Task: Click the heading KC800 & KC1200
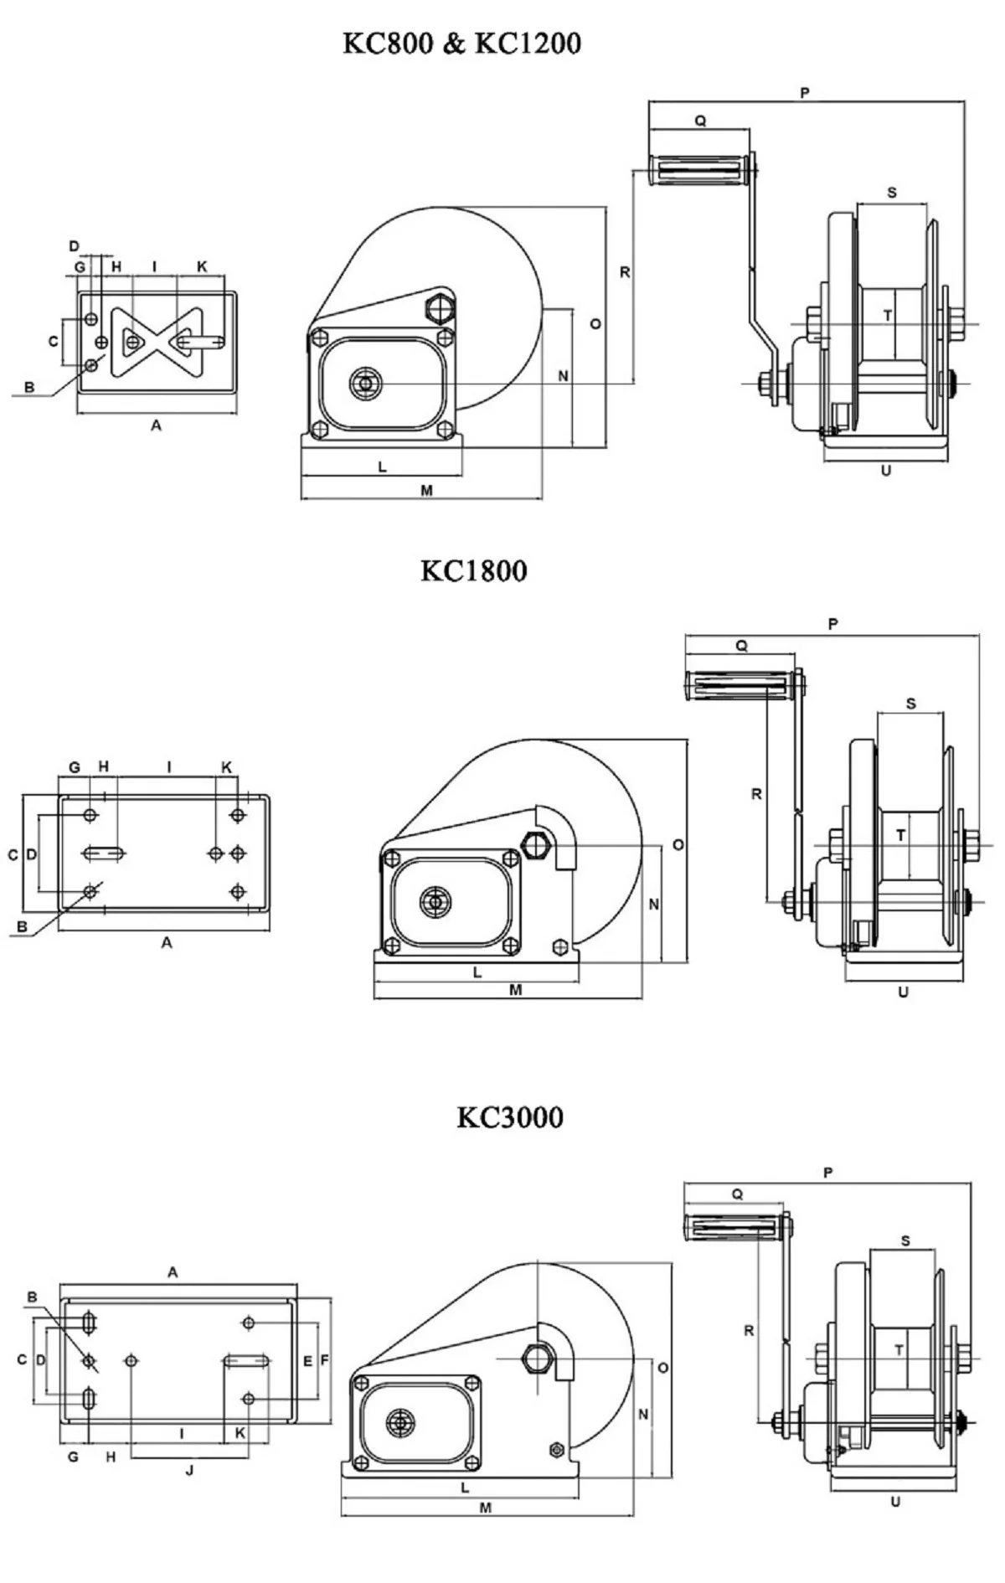[x=461, y=44]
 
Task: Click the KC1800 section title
[x=473, y=571]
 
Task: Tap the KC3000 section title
[x=509, y=1117]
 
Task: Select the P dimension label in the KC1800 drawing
[x=832, y=624]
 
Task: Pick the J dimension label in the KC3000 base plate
[x=189, y=1470]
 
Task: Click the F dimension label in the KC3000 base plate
[x=325, y=1361]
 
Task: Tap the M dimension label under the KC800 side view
[x=426, y=491]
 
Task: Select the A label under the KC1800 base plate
[x=167, y=943]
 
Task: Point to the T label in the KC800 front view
[x=888, y=316]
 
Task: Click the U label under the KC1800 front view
[x=903, y=993]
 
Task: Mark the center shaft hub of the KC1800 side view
[x=435, y=902]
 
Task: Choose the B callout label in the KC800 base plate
[x=29, y=388]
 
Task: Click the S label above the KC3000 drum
[x=905, y=1241]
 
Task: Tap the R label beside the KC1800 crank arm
[x=756, y=794]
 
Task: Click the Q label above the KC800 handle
[x=700, y=121]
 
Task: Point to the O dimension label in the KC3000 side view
[x=662, y=1368]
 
